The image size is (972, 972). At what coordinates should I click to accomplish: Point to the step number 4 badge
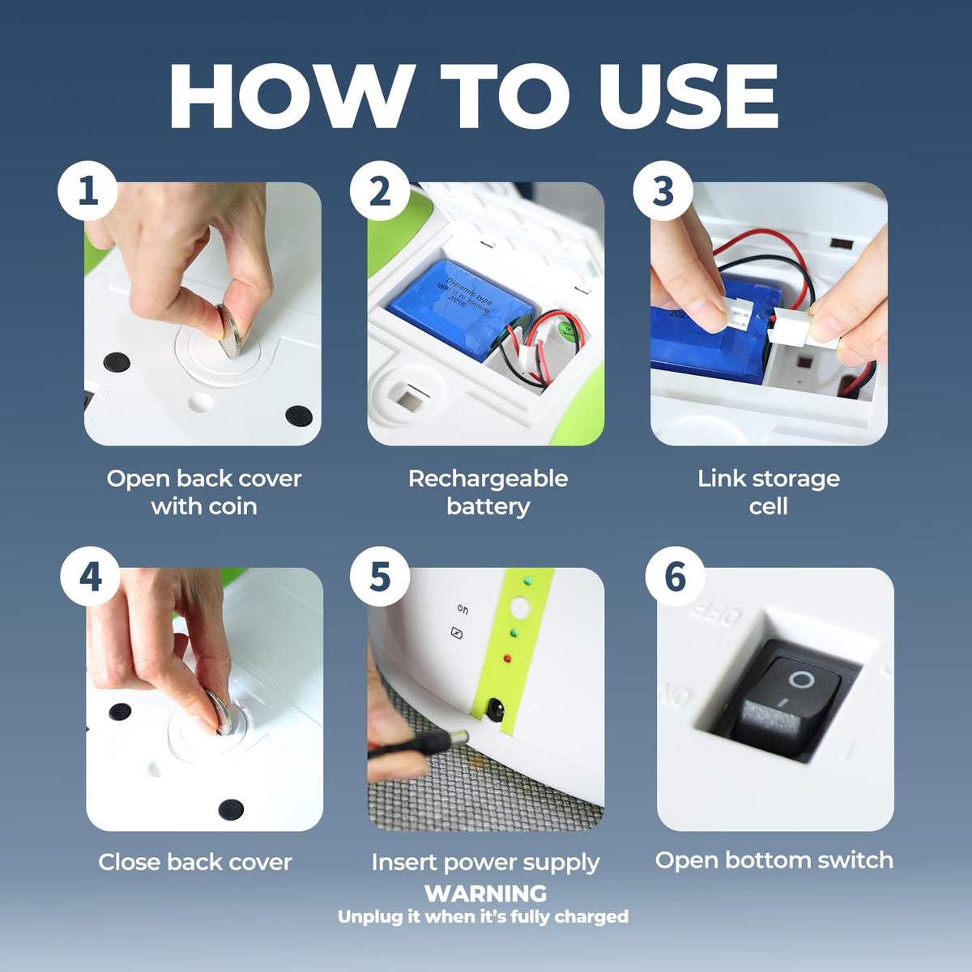[x=90, y=577]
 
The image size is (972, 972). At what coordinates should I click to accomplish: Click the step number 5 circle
[x=380, y=577]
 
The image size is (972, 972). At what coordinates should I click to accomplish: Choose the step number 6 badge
[x=676, y=577]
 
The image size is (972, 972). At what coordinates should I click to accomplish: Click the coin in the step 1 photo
[x=232, y=330]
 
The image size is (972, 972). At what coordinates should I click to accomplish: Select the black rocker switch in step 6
[x=787, y=698]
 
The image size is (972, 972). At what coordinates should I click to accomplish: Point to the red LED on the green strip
[x=507, y=659]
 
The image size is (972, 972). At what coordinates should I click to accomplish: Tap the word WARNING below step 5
[x=486, y=893]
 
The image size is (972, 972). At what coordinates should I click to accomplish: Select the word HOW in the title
[x=292, y=96]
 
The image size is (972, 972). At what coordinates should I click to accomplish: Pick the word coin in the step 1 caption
[x=233, y=506]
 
